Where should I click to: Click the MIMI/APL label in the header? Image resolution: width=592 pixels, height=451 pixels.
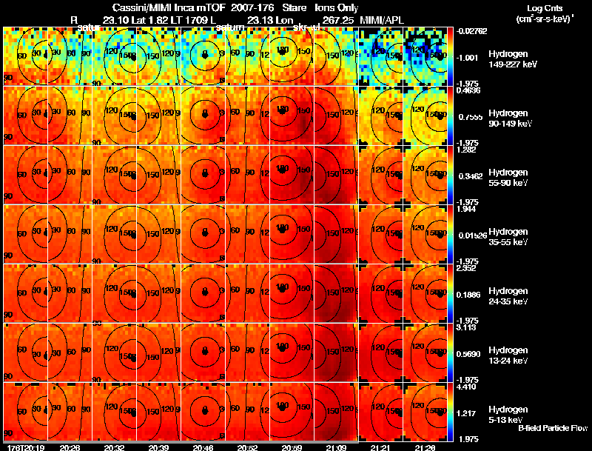pyautogui.click(x=381, y=18)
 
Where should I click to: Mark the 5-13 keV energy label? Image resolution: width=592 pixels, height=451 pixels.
pyautogui.click(x=507, y=419)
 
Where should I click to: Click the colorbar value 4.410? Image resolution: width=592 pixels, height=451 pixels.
pyautogui.click(x=467, y=387)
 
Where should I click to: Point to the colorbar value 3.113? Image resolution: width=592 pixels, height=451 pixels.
pyautogui.click(x=467, y=327)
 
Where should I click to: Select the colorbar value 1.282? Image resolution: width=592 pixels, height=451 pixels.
pyautogui.click(x=467, y=150)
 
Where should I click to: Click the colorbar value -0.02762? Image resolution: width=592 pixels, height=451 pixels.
pyautogui.click(x=471, y=31)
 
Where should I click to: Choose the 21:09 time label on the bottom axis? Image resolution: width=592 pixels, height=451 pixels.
pyautogui.click(x=336, y=447)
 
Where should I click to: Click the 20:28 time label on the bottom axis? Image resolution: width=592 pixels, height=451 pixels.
pyautogui.click(x=70, y=447)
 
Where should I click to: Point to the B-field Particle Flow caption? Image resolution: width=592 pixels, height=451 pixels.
pyautogui.click(x=553, y=429)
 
